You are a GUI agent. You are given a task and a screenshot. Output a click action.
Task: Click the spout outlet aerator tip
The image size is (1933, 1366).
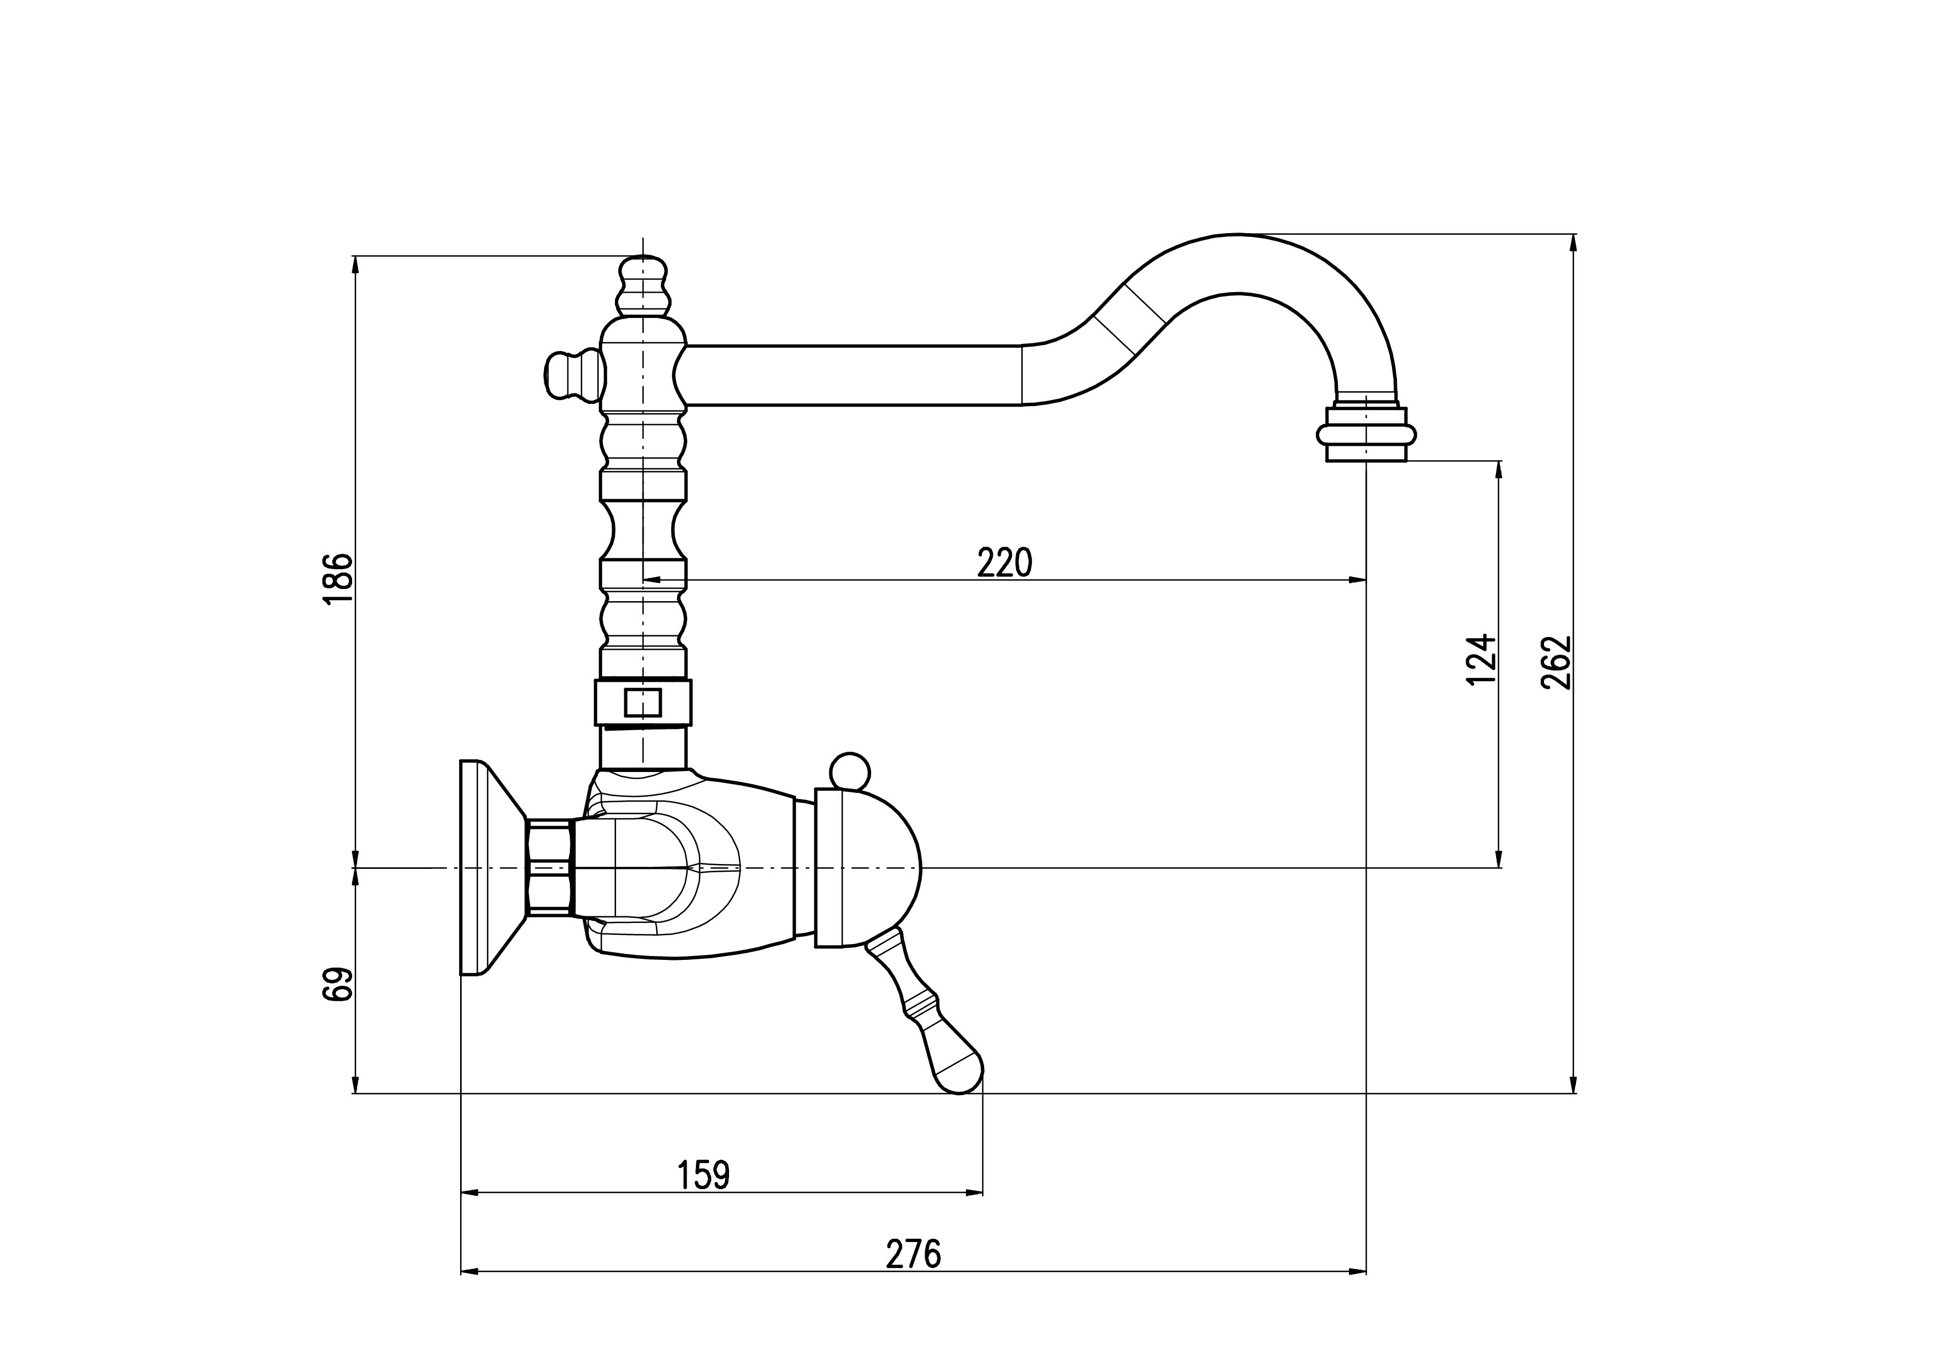pyautogui.click(x=1365, y=434)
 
